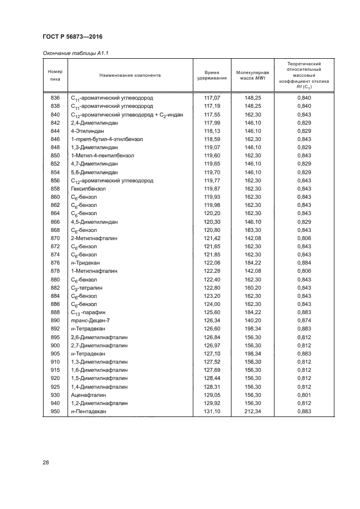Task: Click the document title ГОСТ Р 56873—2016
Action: [72, 36]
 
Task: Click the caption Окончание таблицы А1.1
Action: [73, 53]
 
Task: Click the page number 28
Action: [46, 463]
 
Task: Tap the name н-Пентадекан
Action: [88, 412]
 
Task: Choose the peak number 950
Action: [55, 412]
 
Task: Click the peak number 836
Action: [55, 97]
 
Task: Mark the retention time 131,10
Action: [212, 412]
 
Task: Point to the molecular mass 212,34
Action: [254, 412]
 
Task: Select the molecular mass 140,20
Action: [254, 321]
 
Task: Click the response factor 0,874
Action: [304, 321]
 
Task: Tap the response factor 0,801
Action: [304, 395]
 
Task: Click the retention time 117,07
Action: [212, 97]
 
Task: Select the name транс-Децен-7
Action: [90, 321]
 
